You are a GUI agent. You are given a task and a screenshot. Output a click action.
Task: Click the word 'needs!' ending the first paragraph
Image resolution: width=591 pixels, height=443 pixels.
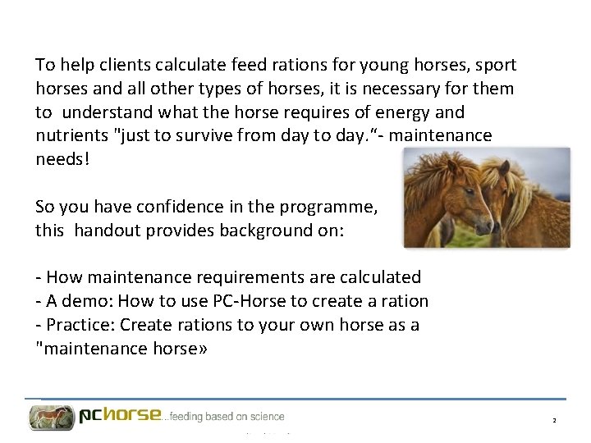point(62,159)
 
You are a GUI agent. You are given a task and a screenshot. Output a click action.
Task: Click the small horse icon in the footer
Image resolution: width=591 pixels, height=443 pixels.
point(51,417)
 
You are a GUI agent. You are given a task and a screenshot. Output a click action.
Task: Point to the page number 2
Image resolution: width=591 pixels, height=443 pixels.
point(554,420)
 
